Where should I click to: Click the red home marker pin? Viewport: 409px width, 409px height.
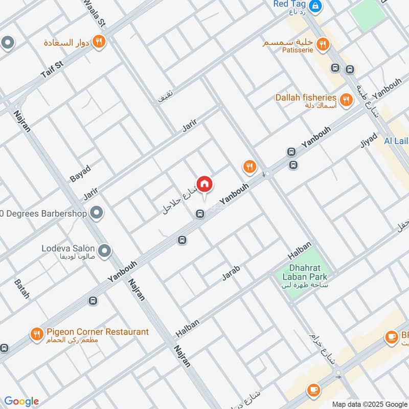coord(204,184)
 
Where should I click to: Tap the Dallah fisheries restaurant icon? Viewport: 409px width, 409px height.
coord(346,100)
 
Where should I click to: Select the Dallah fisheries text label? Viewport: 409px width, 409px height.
coord(306,97)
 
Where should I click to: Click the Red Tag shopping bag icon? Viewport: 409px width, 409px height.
coord(316,6)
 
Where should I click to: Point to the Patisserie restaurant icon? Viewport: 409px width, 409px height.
coord(322,44)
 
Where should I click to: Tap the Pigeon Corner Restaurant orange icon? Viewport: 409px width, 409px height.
coord(36,335)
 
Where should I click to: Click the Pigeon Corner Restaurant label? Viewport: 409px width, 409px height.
coord(97,332)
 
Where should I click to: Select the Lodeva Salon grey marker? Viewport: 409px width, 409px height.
coord(104,251)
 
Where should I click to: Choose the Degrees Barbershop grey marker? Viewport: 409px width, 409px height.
coord(96,213)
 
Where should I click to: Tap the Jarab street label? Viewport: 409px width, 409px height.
coord(231,272)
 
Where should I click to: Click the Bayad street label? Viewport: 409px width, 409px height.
coord(80,173)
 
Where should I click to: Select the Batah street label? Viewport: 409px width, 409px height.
coord(21,288)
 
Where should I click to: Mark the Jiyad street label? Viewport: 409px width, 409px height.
coord(368,141)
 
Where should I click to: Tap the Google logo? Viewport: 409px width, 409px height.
coord(21,401)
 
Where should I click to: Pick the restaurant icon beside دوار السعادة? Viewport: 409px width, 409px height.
coord(99,42)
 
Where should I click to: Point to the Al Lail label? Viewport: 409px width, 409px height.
coord(396,141)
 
